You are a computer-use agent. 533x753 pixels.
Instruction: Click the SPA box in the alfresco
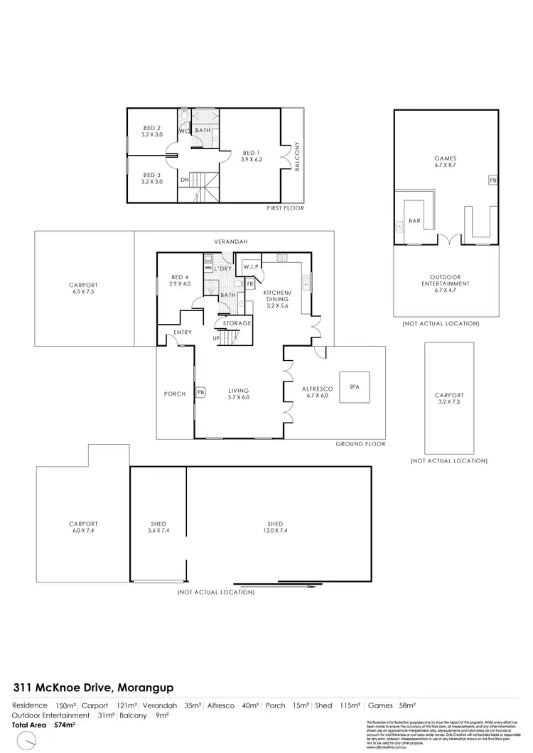pyautogui.click(x=353, y=387)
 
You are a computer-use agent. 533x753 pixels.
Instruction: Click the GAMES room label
pyautogui.click(x=445, y=159)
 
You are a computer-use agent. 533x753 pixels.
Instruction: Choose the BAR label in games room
pyautogui.click(x=415, y=221)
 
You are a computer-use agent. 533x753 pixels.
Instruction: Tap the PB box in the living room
pyautogui.click(x=201, y=391)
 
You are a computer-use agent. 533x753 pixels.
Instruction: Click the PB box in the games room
pyautogui.click(x=492, y=181)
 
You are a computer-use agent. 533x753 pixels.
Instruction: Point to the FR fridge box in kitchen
pyautogui.click(x=250, y=283)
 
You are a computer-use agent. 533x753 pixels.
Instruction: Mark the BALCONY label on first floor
pyautogui.click(x=298, y=156)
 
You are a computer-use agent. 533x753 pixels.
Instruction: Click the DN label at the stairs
pyautogui.click(x=185, y=180)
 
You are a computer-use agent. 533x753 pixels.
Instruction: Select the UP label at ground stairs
pyautogui.click(x=217, y=337)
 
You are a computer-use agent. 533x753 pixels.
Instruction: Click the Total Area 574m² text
pyautogui.click(x=44, y=725)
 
